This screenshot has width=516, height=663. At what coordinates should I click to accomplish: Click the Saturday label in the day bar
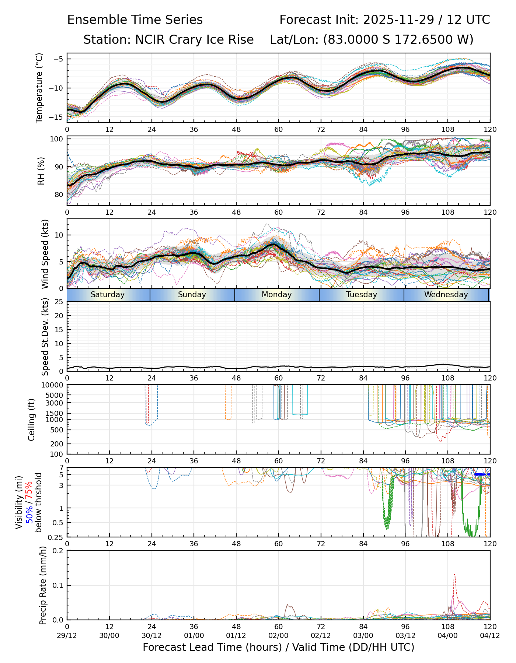click(x=108, y=295)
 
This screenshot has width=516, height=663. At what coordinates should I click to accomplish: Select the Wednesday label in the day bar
click(x=446, y=295)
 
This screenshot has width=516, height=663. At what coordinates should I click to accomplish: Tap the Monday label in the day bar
click(x=277, y=295)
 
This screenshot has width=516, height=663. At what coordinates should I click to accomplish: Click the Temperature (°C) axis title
click(x=39, y=88)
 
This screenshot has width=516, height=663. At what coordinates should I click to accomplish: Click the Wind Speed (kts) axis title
click(x=45, y=254)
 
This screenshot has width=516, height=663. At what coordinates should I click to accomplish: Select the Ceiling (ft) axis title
click(x=32, y=420)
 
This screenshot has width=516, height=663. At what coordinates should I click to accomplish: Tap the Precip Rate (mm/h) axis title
click(x=43, y=585)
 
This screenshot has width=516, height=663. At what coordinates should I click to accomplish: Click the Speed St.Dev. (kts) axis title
click(x=45, y=337)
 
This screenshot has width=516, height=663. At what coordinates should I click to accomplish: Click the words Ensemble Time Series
click(x=135, y=20)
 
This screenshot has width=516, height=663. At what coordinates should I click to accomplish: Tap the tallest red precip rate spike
click(x=454, y=575)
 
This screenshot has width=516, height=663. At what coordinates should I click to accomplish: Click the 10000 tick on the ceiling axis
click(x=53, y=385)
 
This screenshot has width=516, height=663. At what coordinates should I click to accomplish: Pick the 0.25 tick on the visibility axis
click(x=56, y=537)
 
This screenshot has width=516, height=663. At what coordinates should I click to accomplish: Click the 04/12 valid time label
click(x=490, y=635)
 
